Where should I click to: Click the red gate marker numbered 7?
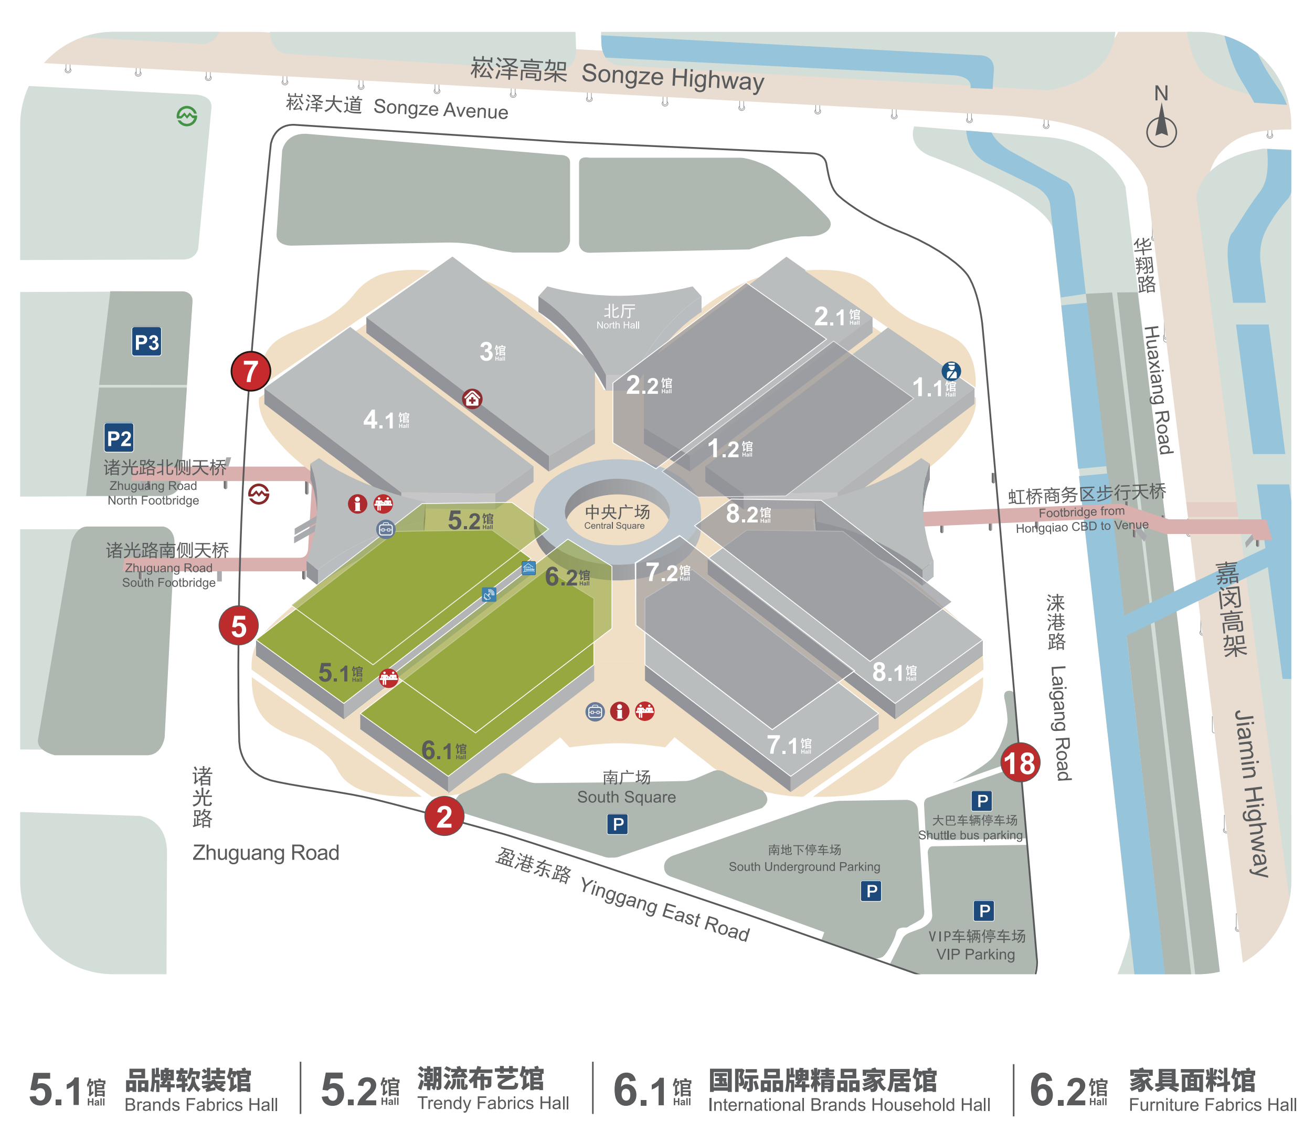pos(250,371)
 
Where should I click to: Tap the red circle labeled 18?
pos(1020,762)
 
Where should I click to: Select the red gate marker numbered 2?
pos(444,816)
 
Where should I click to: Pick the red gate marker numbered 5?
pos(238,625)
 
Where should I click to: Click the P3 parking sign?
pos(146,342)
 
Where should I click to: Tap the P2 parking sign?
pos(119,438)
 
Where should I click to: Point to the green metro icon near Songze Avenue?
pos(187,116)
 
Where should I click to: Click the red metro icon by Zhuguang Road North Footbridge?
pos(259,494)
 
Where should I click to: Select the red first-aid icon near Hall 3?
pos(472,399)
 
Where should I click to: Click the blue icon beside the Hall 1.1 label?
pos(951,371)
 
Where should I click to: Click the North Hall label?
pos(618,316)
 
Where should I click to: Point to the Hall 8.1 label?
pos(894,672)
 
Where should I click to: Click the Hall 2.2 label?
pos(649,385)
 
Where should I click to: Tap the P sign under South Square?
pos(618,824)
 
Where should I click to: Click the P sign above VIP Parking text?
pos(983,910)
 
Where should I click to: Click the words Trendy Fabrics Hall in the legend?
pos(493,1103)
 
